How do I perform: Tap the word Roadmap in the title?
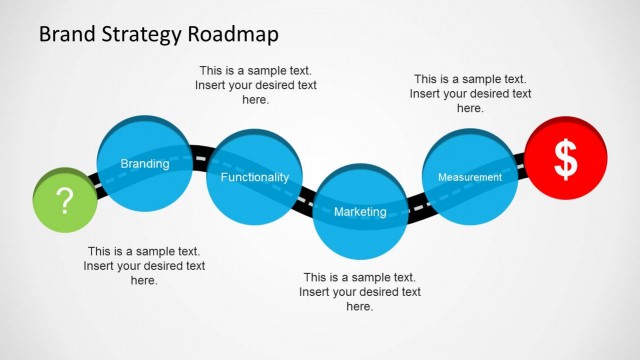[237, 35]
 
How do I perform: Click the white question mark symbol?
[65, 201]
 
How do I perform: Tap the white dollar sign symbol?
[566, 159]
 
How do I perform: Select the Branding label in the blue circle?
[144, 164]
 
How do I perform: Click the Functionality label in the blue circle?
[254, 177]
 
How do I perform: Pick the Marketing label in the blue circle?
[360, 212]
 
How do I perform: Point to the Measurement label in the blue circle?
[469, 177]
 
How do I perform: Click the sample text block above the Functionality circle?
[255, 85]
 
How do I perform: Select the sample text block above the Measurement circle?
[470, 93]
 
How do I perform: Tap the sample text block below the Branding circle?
[144, 266]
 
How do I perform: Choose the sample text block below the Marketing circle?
[360, 292]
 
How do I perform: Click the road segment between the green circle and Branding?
[95, 182]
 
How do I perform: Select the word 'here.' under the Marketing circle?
[360, 307]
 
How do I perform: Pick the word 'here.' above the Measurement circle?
[470, 108]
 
